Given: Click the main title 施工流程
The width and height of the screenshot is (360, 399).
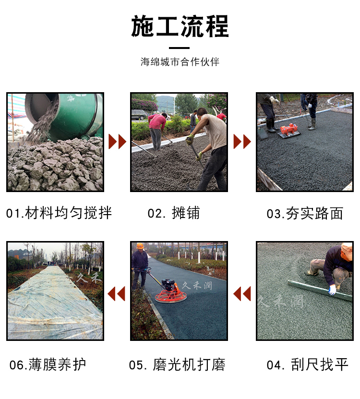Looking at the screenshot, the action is pos(180,26).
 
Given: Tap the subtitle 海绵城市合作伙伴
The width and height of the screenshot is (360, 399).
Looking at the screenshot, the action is pos(180,62).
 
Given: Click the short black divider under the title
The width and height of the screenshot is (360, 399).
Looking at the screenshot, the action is pos(180,48).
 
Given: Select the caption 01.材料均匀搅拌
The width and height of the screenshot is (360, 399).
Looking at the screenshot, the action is pos(59,213).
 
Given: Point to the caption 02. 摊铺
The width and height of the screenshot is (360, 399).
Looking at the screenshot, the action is pos(174,213).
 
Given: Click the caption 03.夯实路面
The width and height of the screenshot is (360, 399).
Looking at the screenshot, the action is pos(305,213).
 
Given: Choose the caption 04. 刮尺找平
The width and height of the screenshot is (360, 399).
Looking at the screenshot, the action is pos(307,364).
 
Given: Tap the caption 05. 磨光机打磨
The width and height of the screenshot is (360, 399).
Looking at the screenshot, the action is pos(177,364).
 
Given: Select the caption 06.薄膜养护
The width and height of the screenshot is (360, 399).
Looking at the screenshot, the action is pos(48,364).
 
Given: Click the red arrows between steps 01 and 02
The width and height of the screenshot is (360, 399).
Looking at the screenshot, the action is pos(117,142).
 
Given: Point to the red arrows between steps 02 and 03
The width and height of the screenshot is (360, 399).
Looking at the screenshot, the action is pos(242,142).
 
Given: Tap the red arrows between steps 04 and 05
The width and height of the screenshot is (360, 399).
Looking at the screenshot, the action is pos(242,293).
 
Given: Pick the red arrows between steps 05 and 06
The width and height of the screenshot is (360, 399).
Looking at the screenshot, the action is pos(117,293).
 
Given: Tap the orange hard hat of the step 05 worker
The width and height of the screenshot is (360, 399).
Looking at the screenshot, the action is pos(140,246).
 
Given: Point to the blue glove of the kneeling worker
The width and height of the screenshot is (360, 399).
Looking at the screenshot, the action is pos(332,290).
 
